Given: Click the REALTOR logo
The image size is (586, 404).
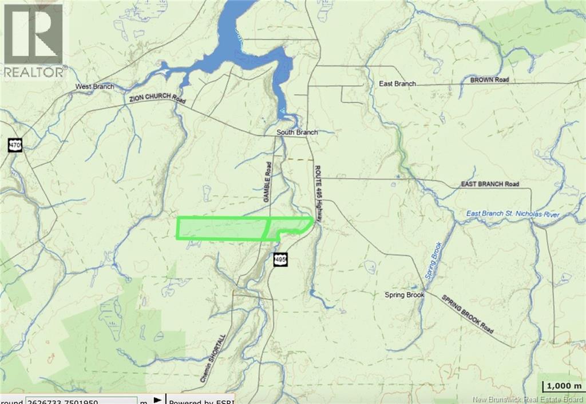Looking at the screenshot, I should (x=33, y=40).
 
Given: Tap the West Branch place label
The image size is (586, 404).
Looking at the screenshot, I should (x=94, y=87).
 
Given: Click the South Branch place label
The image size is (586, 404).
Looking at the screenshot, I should (x=296, y=133).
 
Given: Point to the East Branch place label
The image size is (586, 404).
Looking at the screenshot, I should (x=397, y=83).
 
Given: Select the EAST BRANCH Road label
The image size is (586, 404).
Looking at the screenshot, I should (x=490, y=185).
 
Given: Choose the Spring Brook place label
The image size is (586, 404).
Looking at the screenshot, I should (x=404, y=295).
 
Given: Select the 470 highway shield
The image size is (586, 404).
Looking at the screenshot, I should (x=15, y=145).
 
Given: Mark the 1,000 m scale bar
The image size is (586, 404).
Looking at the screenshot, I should (x=563, y=386).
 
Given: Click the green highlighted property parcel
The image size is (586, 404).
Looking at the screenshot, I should (x=223, y=229).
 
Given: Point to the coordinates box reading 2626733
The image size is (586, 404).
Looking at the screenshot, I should (x=80, y=400).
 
